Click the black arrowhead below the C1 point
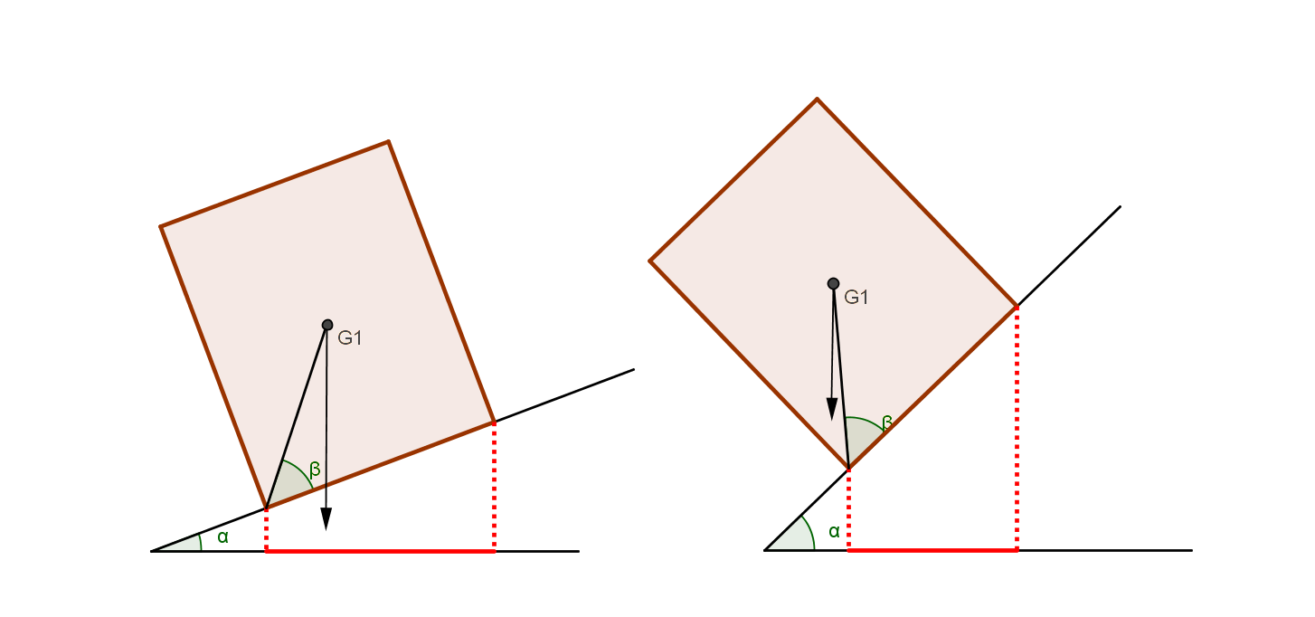click(x=832, y=409)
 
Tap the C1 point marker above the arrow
click(x=833, y=283)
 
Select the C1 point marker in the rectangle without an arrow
click(x=327, y=325)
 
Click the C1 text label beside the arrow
click(x=856, y=297)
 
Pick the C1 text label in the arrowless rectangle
click(x=349, y=338)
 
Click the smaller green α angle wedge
click(x=186, y=544)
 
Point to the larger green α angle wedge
click(x=796, y=536)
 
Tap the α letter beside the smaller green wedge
click(x=222, y=536)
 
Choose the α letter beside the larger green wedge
click(x=834, y=531)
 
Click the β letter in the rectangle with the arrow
click(x=887, y=422)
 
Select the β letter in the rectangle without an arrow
click(x=315, y=469)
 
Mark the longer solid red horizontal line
click(x=381, y=550)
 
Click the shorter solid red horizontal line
click(x=932, y=549)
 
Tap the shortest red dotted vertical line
click(x=266, y=530)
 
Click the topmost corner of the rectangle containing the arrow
click(x=817, y=97)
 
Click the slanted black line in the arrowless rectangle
click(x=296, y=417)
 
